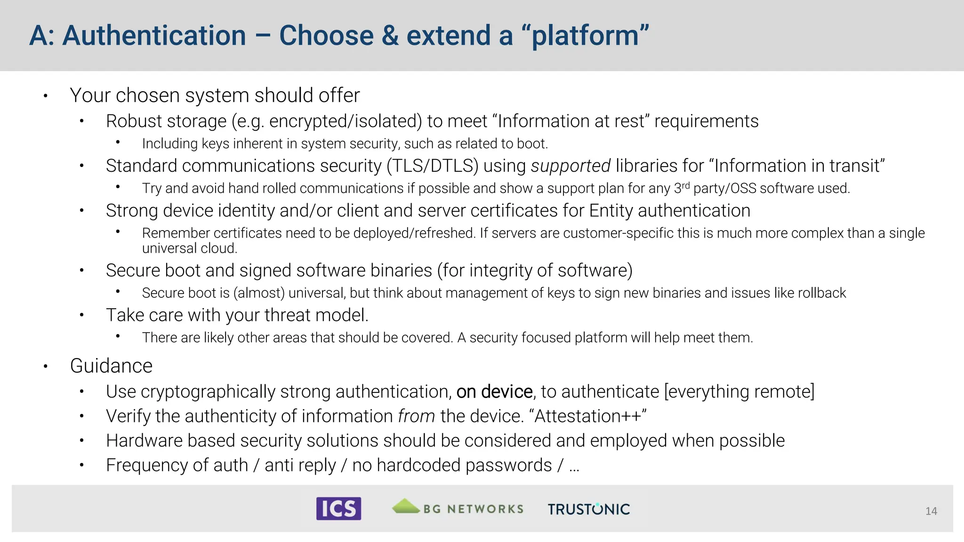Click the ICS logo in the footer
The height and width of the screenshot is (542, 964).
click(338, 509)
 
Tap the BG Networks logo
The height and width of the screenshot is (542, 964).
click(458, 508)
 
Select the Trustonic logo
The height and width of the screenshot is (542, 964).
click(588, 509)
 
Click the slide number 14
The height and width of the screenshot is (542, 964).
click(931, 511)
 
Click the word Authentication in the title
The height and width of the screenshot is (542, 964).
click(154, 36)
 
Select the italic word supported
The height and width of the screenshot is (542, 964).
click(570, 166)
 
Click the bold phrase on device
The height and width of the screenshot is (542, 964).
click(494, 392)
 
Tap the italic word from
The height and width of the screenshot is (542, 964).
click(416, 416)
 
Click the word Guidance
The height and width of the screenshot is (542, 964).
click(111, 366)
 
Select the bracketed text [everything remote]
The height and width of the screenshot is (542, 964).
click(739, 392)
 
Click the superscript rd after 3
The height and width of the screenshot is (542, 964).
click(686, 185)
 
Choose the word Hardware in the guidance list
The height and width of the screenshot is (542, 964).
click(144, 441)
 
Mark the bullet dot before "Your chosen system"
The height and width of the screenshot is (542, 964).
click(46, 96)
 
